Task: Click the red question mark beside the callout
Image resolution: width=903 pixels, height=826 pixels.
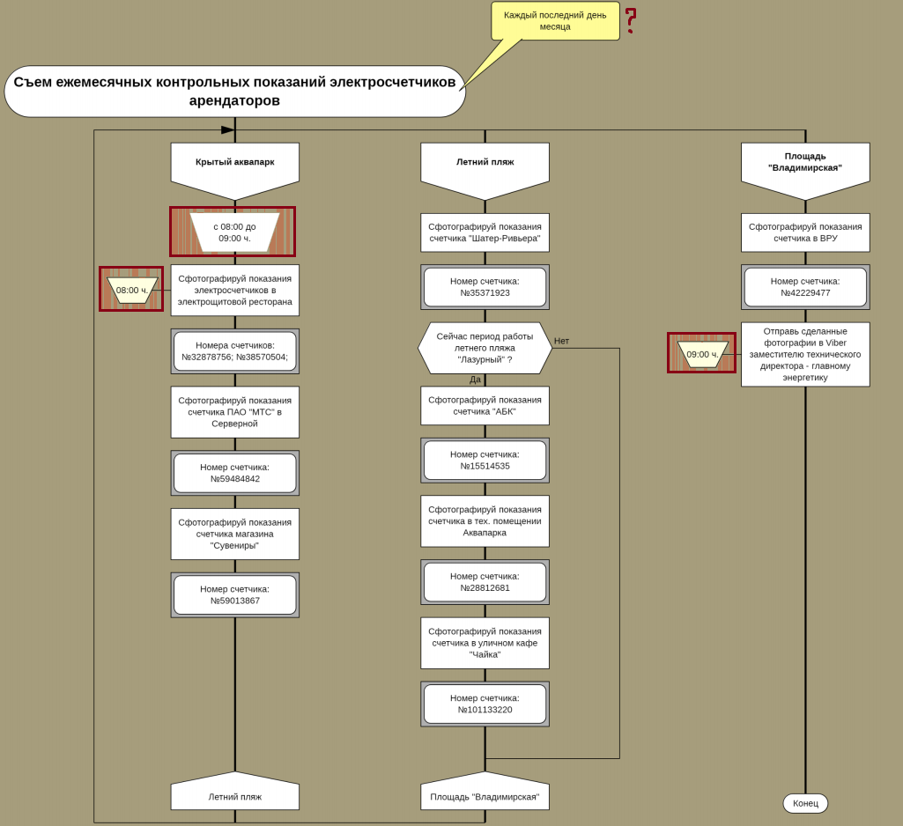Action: coord(631,20)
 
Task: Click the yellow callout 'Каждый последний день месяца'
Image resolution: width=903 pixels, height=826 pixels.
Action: coord(555,20)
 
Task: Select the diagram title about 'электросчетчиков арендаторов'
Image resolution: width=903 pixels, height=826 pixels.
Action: coord(234,91)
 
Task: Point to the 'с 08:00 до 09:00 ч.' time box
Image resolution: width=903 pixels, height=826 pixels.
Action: coord(233,232)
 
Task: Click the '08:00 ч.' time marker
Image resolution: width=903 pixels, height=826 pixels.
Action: coord(131,290)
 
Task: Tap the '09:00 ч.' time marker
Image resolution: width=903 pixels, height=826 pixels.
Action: coord(702,354)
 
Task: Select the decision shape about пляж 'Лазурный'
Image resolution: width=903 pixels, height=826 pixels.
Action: coord(485,348)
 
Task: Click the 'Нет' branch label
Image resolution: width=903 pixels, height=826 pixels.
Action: coord(561,341)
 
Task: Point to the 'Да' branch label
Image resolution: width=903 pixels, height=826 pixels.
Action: coord(475,380)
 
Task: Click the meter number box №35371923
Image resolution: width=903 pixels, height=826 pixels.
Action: coord(485,287)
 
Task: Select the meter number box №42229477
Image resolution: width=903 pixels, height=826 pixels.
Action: coord(805,287)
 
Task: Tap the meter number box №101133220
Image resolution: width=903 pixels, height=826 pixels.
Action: coord(485,704)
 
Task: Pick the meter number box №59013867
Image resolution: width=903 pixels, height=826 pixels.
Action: coord(234,595)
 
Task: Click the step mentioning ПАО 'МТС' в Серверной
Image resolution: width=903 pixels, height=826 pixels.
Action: coord(234,412)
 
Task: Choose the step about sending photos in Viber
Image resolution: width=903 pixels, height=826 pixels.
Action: coord(805,354)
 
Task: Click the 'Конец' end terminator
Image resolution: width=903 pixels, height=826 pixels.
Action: coord(805,803)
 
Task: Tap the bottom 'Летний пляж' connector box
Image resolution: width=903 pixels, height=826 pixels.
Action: coord(234,795)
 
